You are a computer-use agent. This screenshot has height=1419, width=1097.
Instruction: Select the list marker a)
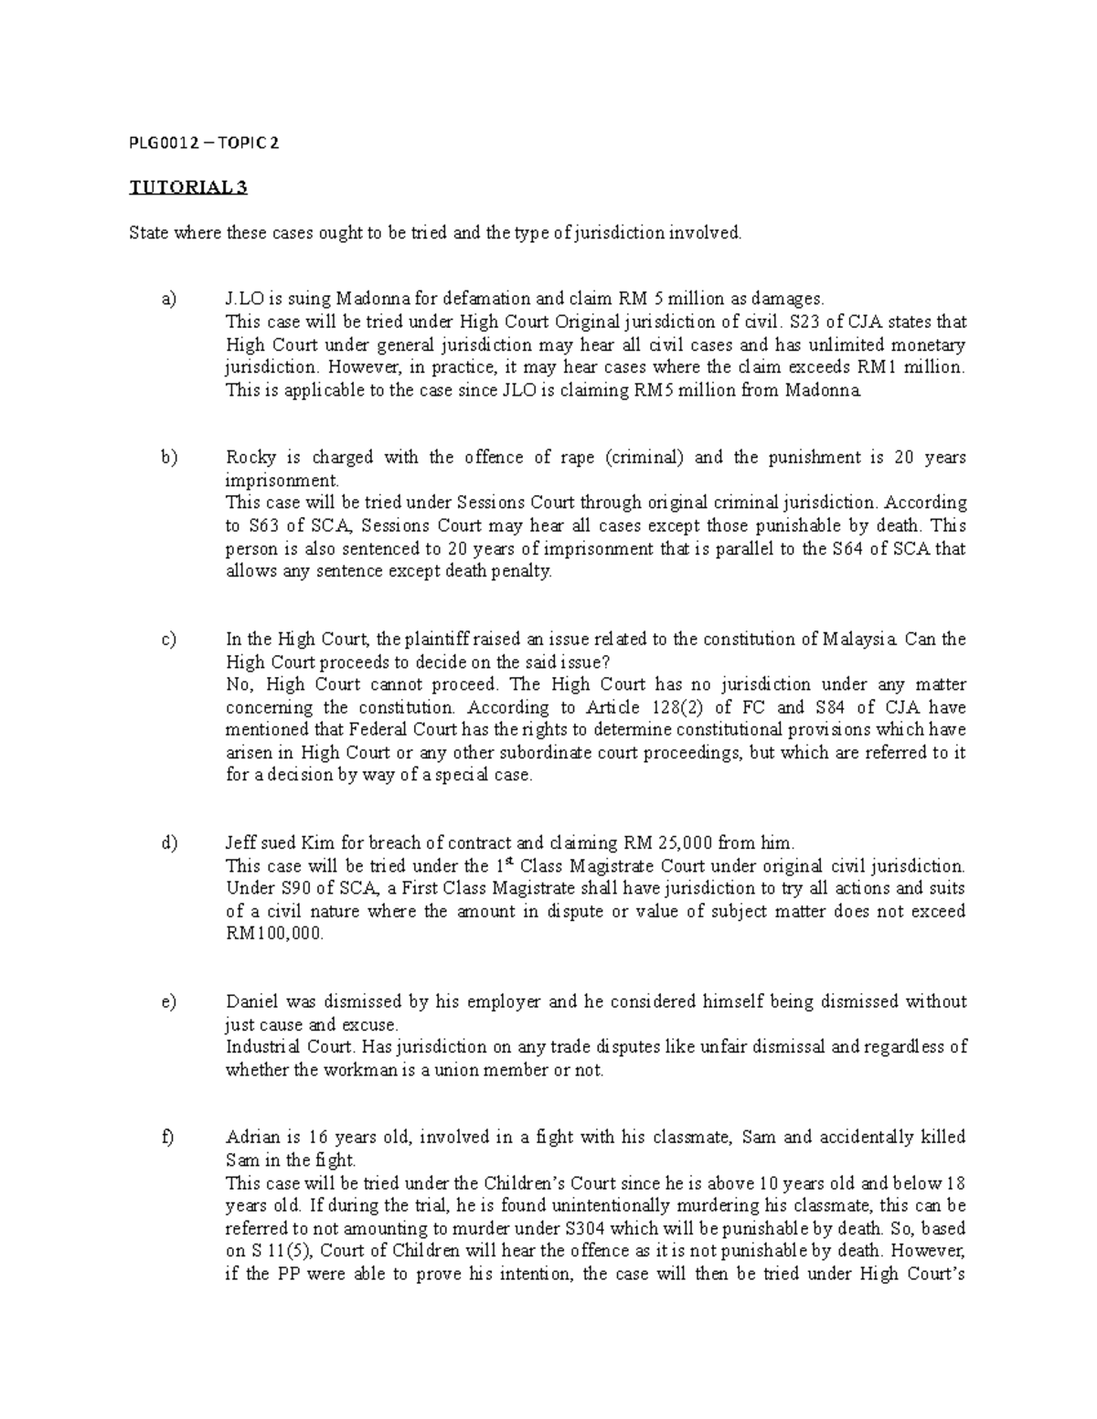[166, 299]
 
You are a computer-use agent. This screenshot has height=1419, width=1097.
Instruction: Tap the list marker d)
[167, 842]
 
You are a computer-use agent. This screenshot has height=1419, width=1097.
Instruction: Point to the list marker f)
[166, 1138]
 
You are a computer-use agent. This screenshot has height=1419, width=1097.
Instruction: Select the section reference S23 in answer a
[793, 322]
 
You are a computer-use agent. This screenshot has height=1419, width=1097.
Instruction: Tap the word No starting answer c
[239, 684]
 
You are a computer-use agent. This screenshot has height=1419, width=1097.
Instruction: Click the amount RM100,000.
[274, 934]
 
